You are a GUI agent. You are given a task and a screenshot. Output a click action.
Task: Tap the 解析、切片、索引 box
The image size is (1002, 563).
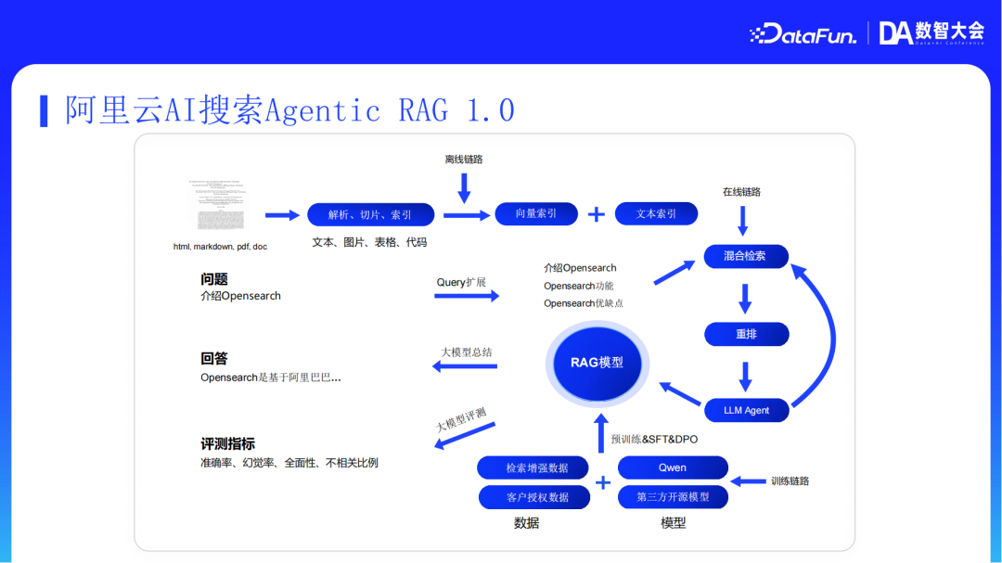370,214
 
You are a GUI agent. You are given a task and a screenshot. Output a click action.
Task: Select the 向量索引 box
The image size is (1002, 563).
536,213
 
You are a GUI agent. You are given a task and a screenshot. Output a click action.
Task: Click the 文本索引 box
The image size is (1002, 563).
656,213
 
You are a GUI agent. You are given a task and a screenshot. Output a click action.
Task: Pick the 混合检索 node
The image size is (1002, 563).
745,256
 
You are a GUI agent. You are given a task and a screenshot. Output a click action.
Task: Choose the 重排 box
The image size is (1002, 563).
746,334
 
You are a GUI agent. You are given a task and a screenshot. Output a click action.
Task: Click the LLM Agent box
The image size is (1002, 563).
746,410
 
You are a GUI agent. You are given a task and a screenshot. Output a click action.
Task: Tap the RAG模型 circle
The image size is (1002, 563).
597,363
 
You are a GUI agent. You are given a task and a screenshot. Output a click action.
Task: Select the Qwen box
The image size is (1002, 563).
673,467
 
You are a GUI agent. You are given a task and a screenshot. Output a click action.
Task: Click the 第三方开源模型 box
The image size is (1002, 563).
673,497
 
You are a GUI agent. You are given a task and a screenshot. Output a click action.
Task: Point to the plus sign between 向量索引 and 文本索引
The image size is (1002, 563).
597,214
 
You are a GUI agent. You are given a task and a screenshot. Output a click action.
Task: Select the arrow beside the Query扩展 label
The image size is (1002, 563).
466,296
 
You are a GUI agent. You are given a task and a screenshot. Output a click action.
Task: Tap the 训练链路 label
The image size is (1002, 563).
790,480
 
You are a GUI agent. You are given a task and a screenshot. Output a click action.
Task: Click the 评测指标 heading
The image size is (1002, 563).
227,443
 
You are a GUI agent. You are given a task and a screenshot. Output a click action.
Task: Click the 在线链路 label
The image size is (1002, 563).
741,192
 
